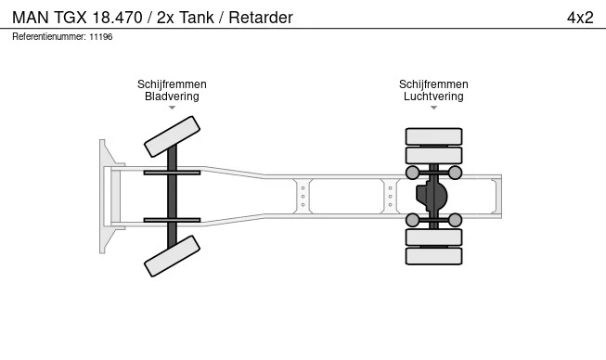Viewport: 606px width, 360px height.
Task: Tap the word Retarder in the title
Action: [x=258, y=18]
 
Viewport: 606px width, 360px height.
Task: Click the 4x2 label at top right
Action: [x=579, y=18]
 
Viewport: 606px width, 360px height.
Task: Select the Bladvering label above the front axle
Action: [x=172, y=96]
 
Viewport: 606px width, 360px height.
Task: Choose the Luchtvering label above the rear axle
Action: [x=433, y=96]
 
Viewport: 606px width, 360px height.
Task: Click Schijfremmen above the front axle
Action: [x=172, y=84]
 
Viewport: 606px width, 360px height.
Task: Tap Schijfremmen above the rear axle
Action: [x=433, y=84]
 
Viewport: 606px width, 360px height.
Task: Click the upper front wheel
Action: [x=173, y=136]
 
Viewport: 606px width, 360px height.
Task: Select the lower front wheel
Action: [x=173, y=256]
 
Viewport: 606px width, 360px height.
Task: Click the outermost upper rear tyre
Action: [x=433, y=136]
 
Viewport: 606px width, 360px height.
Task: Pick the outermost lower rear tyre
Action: [x=433, y=256]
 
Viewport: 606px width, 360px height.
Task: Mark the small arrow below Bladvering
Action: [x=172, y=109]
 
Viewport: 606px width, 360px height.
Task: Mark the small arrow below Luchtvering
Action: [x=433, y=109]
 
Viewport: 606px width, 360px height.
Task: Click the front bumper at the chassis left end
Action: [x=106, y=196]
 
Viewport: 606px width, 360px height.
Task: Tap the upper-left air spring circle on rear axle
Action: [x=412, y=173]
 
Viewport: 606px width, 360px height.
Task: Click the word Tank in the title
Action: [x=193, y=18]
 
